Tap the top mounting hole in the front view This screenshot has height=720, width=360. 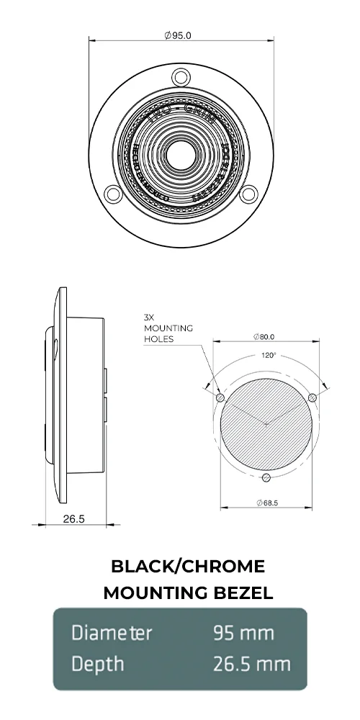point(180,76)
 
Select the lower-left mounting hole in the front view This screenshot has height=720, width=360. point(112,193)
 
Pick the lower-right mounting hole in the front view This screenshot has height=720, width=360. point(248,193)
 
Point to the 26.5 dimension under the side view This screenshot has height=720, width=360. point(70,518)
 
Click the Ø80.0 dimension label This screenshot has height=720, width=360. point(265,336)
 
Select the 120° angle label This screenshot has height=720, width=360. point(268,355)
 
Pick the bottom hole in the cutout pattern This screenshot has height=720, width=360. point(266,478)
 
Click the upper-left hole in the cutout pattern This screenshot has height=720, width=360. point(220,398)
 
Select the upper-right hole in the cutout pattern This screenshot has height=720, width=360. point(312,397)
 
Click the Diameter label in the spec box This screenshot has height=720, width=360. point(112,633)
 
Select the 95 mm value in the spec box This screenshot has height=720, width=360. point(243,633)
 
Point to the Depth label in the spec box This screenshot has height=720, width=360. point(97,663)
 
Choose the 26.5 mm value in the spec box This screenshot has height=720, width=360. point(252,663)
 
